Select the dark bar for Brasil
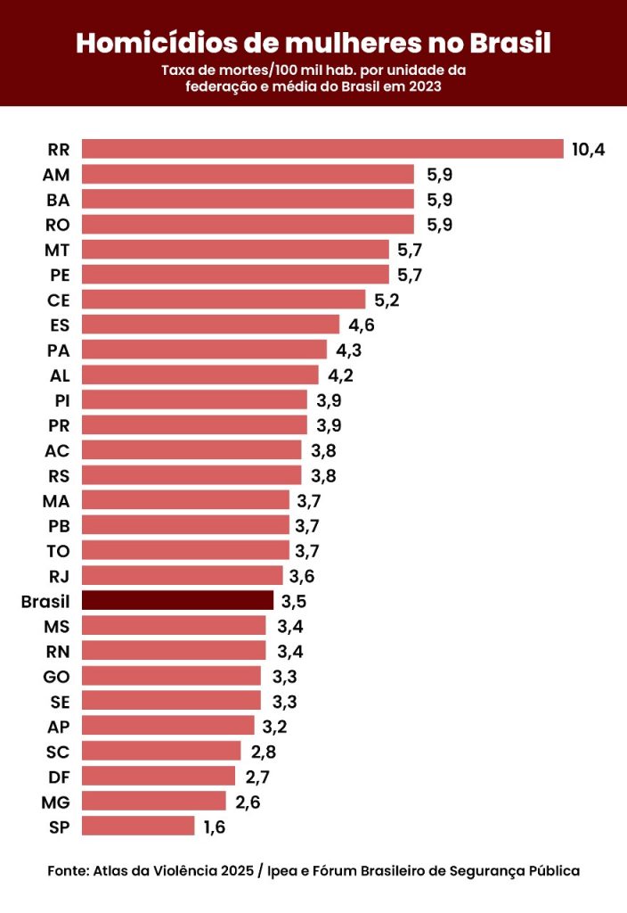(177, 600)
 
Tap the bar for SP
(138, 827)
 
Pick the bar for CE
(224, 299)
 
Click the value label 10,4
(588, 149)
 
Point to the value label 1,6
(215, 827)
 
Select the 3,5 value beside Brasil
(294, 601)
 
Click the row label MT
(57, 249)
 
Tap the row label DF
(57, 777)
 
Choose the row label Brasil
(45, 601)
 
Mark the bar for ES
(210, 325)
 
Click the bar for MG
(154, 802)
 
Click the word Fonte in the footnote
(67, 870)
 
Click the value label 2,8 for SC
(263, 752)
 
